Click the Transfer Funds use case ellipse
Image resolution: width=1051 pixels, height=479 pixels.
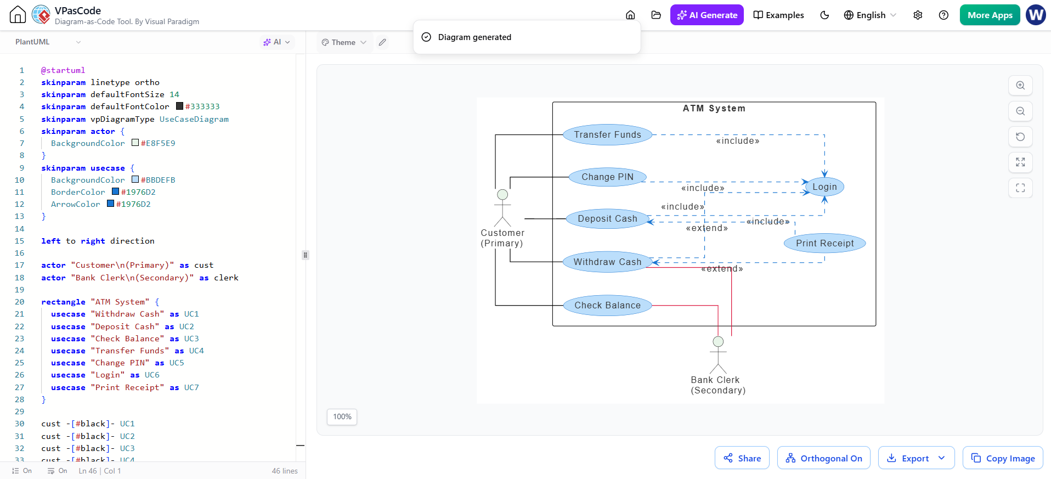(608, 134)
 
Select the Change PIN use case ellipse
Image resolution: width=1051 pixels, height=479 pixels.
(607, 177)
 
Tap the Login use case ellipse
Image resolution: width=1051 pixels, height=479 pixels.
(824, 187)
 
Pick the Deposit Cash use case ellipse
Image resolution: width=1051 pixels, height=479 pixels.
(607, 218)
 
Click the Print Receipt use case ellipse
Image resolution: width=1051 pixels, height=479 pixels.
(825, 243)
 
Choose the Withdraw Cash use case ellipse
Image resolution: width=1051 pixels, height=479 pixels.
(607, 262)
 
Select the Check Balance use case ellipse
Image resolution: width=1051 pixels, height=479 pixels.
(607, 305)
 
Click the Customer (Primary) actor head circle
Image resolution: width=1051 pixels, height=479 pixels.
(502, 195)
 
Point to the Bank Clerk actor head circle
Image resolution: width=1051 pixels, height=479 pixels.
(718, 342)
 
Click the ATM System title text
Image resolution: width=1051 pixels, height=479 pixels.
(714, 108)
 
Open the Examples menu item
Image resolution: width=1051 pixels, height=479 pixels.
(778, 15)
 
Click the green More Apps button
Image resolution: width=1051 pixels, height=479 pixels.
(990, 15)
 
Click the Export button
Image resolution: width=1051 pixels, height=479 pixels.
(916, 458)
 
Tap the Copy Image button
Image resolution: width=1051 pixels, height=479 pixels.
(1003, 458)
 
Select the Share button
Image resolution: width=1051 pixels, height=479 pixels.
(742, 458)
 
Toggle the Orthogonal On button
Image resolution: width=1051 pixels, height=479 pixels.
(823, 458)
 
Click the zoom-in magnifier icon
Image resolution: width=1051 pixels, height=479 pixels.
(1020, 86)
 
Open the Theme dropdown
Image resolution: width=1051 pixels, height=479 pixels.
(344, 42)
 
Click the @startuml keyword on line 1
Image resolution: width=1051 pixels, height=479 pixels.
(63, 70)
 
